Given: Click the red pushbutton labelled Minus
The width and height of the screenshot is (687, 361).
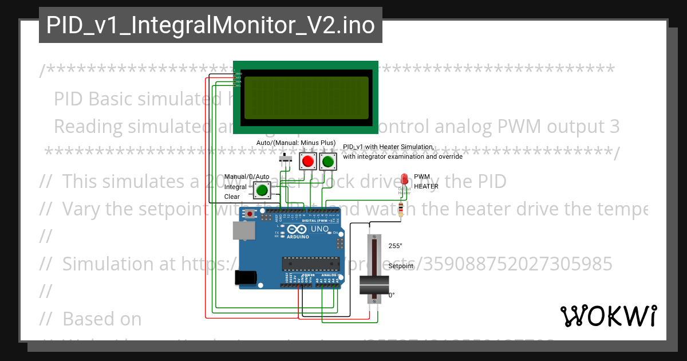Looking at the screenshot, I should pyautogui.click(x=308, y=162).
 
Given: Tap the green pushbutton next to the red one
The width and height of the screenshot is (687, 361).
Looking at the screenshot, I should pyautogui.click(x=327, y=162).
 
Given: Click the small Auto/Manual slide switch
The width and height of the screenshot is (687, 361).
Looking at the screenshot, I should pyautogui.click(x=285, y=159).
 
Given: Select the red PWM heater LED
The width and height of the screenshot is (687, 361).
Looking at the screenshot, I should pyautogui.click(x=404, y=179).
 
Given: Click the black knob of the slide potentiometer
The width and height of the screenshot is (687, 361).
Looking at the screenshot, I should pyautogui.click(x=374, y=285).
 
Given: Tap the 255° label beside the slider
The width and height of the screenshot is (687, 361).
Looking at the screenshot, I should pyautogui.click(x=396, y=246).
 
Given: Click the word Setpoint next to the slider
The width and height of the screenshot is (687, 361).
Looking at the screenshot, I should pyautogui.click(x=401, y=266).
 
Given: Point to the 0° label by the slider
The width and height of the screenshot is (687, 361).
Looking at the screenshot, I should pyautogui.click(x=392, y=295).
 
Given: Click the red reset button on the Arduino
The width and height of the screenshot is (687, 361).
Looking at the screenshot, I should pyautogui.click(x=250, y=214).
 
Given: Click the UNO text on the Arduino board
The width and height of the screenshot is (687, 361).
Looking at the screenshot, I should pyautogui.click(x=320, y=229).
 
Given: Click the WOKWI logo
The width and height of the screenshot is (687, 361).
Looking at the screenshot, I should pyautogui.click(x=608, y=316).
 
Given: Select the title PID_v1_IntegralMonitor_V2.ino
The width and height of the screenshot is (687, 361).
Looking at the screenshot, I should pyautogui.click(x=210, y=25).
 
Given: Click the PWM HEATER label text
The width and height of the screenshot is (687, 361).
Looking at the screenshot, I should pyautogui.click(x=426, y=182).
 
